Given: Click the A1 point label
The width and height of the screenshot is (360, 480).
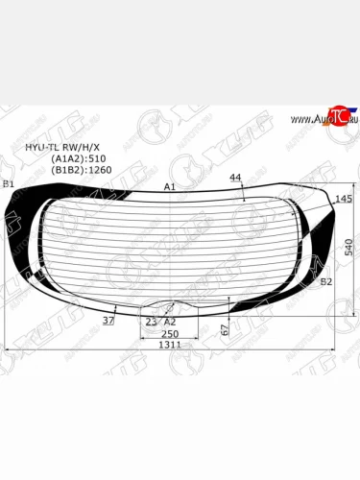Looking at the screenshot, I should pyautogui.click(x=169, y=186).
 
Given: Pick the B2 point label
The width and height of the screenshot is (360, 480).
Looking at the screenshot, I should pyautogui.click(x=326, y=281).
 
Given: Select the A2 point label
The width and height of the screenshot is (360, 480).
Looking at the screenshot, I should pyautogui.click(x=170, y=322).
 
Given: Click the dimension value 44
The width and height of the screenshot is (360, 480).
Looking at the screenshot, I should pyautogui.click(x=236, y=178).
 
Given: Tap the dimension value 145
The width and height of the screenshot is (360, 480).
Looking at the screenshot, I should pyautogui.click(x=343, y=198).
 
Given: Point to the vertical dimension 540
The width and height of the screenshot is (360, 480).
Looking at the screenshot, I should pyautogui.click(x=350, y=247).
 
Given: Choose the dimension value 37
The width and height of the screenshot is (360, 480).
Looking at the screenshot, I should pyautogui.click(x=108, y=321).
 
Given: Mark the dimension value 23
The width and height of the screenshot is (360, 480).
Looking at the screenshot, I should pyautogui.click(x=150, y=322).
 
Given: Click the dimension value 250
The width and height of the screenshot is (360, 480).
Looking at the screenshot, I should pyautogui.click(x=169, y=333).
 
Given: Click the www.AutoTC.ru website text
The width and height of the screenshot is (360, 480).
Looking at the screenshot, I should pyautogui.click(x=313, y=119).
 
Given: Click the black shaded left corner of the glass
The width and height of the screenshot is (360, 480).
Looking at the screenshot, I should pyautogui.click(x=29, y=226).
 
